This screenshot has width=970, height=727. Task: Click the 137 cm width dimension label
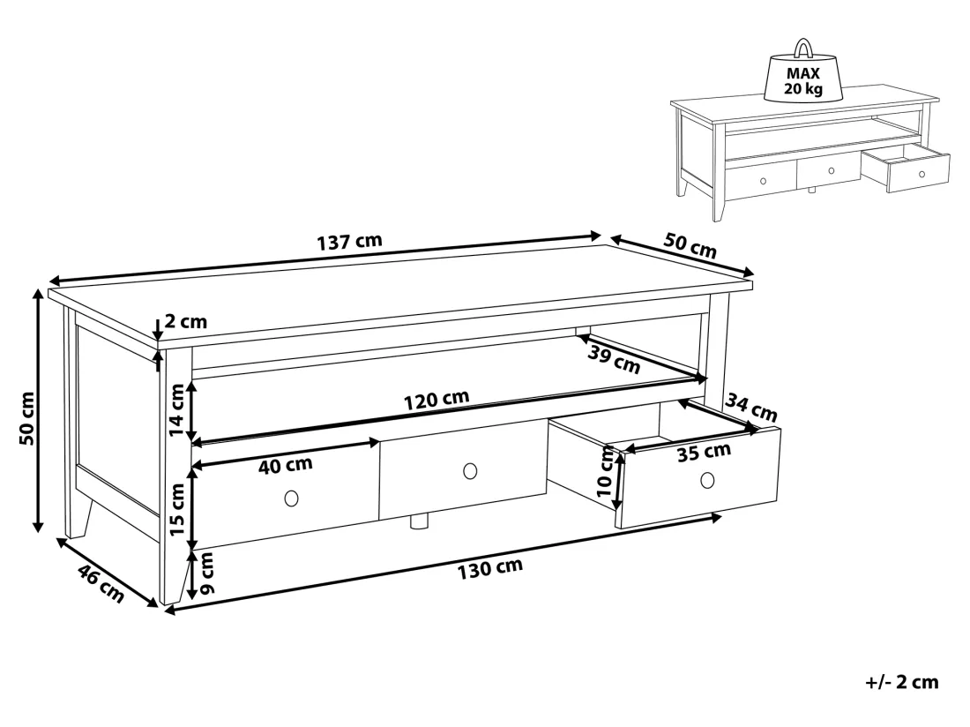point(349,241)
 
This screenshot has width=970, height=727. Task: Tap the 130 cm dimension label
point(490,568)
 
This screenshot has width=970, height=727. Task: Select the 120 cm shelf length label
point(436,400)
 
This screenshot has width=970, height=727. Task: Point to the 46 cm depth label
point(101,584)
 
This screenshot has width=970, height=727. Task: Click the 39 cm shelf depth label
point(614,360)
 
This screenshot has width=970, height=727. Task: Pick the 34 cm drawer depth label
point(751,408)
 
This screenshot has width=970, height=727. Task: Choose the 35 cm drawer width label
point(704,453)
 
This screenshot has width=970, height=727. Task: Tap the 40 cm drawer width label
point(285,465)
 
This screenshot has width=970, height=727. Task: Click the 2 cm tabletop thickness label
point(186,322)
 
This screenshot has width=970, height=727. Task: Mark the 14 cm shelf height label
point(177,409)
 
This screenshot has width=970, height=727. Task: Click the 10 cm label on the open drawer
point(605,472)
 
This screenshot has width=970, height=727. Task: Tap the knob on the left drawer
point(291,498)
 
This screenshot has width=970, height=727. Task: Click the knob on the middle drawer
point(470,471)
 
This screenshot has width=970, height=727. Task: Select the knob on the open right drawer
point(708,479)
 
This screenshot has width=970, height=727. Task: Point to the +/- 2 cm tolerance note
point(902,682)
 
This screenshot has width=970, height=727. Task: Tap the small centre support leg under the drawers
point(420,521)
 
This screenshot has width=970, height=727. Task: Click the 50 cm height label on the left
point(27,418)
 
